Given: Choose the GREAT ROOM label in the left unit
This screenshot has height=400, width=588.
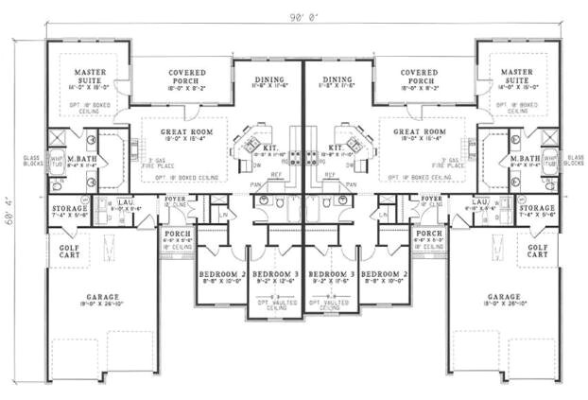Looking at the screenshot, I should (184, 131).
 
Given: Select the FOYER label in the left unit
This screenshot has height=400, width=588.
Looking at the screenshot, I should (175, 199).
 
